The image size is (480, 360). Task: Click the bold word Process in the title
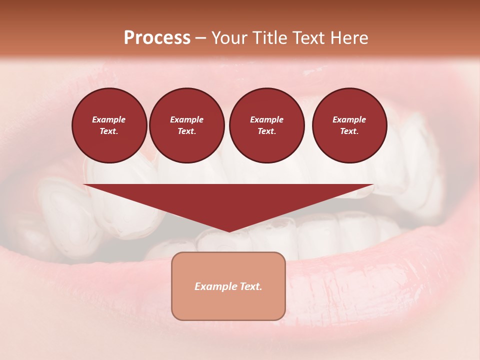click(x=157, y=38)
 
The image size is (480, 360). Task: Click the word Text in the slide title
click(x=310, y=38)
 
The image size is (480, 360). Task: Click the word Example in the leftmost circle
click(x=109, y=119)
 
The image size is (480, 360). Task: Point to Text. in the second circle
click(x=186, y=131)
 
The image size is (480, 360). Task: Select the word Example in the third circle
click(x=266, y=119)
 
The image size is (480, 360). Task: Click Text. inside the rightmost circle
click(x=349, y=131)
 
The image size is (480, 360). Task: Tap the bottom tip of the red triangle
click(x=228, y=230)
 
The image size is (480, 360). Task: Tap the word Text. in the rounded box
click(x=251, y=286)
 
